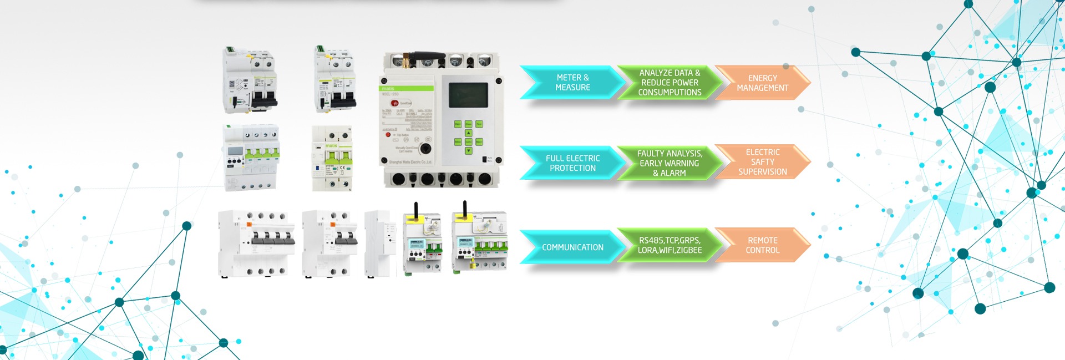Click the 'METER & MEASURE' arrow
pyautogui.click(x=572, y=83)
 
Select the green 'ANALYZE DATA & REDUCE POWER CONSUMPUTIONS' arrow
pyautogui.click(x=670, y=83)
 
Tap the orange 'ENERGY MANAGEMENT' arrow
pyautogui.click(x=762, y=83)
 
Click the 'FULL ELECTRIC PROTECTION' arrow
pyautogui.click(x=572, y=163)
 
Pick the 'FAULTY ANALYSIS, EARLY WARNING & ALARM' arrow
pyautogui.click(x=670, y=163)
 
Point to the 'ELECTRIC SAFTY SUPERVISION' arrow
pyautogui.click(x=762, y=162)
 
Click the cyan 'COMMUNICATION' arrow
pyautogui.click(x=572, y=247)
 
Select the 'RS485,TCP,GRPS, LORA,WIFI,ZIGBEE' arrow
pyautogui.click(x=670, y=245)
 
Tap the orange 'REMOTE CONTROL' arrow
pyautogui.click(x=762, y=245)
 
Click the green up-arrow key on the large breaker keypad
pyautogui.click(x=468, y=133)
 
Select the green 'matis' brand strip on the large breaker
pyautogui.click(x=407, y=88)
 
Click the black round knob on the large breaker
pyautogui.click(x=425, y=149)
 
